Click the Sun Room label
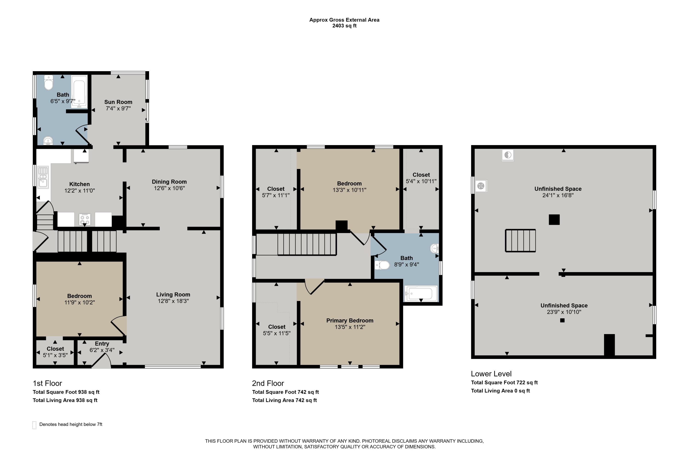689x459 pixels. click(x=118, y=102)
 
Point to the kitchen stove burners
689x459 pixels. click(x=85, y=219)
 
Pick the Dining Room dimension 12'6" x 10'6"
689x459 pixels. click(x=169, y=188)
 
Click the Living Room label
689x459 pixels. click(x=173, y=295)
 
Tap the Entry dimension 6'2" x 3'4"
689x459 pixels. click(x=102, y=350)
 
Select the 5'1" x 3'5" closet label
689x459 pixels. click(x=55, y=355)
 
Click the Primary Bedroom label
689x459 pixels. click(x=350, y=321)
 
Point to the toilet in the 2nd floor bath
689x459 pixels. click(x=382, y=265)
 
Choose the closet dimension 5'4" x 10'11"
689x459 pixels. click(x=421, y=181)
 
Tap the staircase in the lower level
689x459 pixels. click(x=520, y=241)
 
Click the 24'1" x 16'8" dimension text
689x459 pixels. click(x=558, y=195)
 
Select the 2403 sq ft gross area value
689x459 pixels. click(x=344, y=26)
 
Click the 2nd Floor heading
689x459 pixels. click(x=268, y=383)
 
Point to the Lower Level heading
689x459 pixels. click(x=491, y=374)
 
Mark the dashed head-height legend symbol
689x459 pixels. click(x=34, y=425)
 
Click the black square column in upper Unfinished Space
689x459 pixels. click(x=554, y=220)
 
